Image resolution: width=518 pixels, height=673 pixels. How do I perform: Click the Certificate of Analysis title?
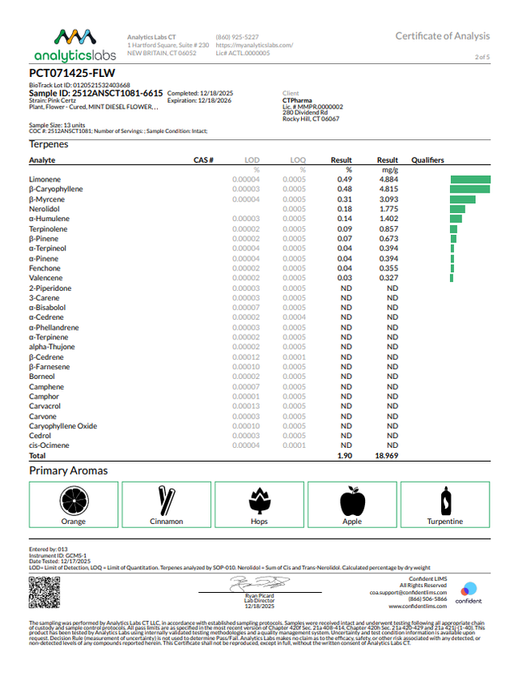[442, 36]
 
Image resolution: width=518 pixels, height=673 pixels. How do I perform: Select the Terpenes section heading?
[49, 144]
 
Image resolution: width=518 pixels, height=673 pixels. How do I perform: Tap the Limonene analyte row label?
[45, 179]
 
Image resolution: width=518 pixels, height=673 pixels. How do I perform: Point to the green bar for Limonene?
[470, 179]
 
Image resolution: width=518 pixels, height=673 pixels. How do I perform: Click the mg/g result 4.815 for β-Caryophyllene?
[389, 189]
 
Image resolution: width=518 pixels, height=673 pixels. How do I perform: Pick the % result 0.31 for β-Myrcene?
[345, 198]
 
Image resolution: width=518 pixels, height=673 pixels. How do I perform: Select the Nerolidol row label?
[44, 209]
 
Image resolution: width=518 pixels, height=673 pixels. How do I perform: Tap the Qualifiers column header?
[428, 160]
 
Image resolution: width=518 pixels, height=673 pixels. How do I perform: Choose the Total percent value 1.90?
[344, 457]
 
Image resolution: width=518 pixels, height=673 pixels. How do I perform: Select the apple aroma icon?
[352, 501]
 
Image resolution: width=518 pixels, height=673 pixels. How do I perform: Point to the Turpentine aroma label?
[445, 522]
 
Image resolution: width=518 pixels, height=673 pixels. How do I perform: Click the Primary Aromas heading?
[68, 471]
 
